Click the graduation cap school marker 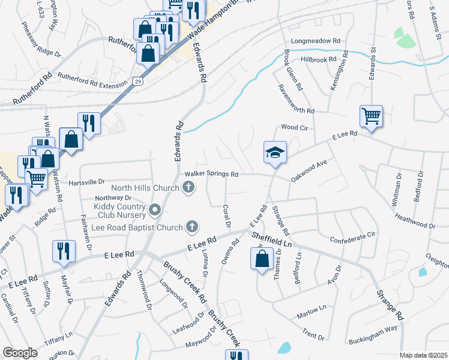tap(275, 153)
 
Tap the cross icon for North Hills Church tap(188, 188)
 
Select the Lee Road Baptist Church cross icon tap(192, 226)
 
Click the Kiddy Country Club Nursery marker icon tap(155, 210)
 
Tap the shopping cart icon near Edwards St tap(371, 116)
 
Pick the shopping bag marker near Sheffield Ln tap(262, 259)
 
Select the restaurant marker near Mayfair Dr tap(64, 251)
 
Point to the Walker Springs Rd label tap(212, 174)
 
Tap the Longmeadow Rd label tap(316, 41)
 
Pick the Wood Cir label tap(294, 128)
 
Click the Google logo tap(20, 353)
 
